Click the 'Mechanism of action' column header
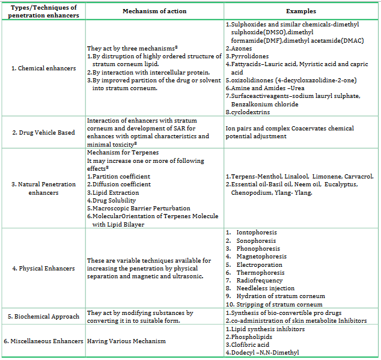click(154, 11)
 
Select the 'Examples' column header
click(300, 11)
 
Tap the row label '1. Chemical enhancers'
click(43, 68)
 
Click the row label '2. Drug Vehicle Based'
click(43, 132)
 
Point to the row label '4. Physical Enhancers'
click(43, 268)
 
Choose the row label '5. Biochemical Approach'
click(43, 317)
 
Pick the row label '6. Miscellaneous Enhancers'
click(43, 341)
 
